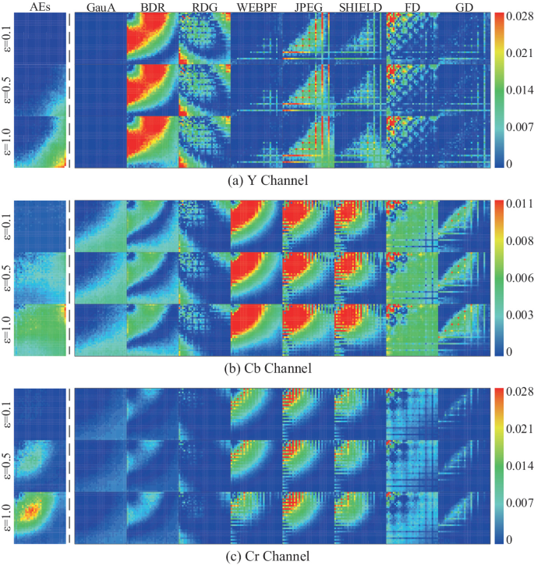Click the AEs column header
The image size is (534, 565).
[36, 7]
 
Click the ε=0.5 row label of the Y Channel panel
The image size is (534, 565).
[7, 90]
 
